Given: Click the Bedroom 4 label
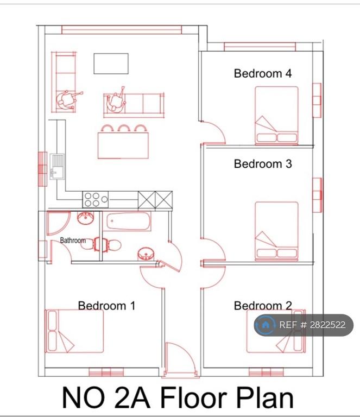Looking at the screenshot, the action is [x=263, y=73].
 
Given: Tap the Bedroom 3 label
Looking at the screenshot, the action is [x=263, y=163].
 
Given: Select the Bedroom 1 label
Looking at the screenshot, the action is [x=106, y=306].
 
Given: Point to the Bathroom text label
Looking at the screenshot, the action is [x=73, y=241].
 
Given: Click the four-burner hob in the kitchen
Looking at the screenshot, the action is [x=95, y=199].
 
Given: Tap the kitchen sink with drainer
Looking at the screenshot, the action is [x=57, y=167].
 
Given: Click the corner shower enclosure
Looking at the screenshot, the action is [x=59, y=223].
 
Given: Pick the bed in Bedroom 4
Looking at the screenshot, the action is [x=276, y=116].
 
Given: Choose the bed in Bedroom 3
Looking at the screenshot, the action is [x=276, y=231].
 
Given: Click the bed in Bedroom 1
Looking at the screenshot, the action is [x=74, y=331].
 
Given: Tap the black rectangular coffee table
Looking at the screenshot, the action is [x=111, y=64].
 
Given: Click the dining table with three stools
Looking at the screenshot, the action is [x=123, y=146].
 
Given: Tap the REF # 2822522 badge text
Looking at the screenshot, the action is [x=312, y=325].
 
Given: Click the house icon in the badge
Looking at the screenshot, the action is [x=265, y=325].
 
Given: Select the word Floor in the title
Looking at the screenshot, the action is [x=193, y=398].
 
